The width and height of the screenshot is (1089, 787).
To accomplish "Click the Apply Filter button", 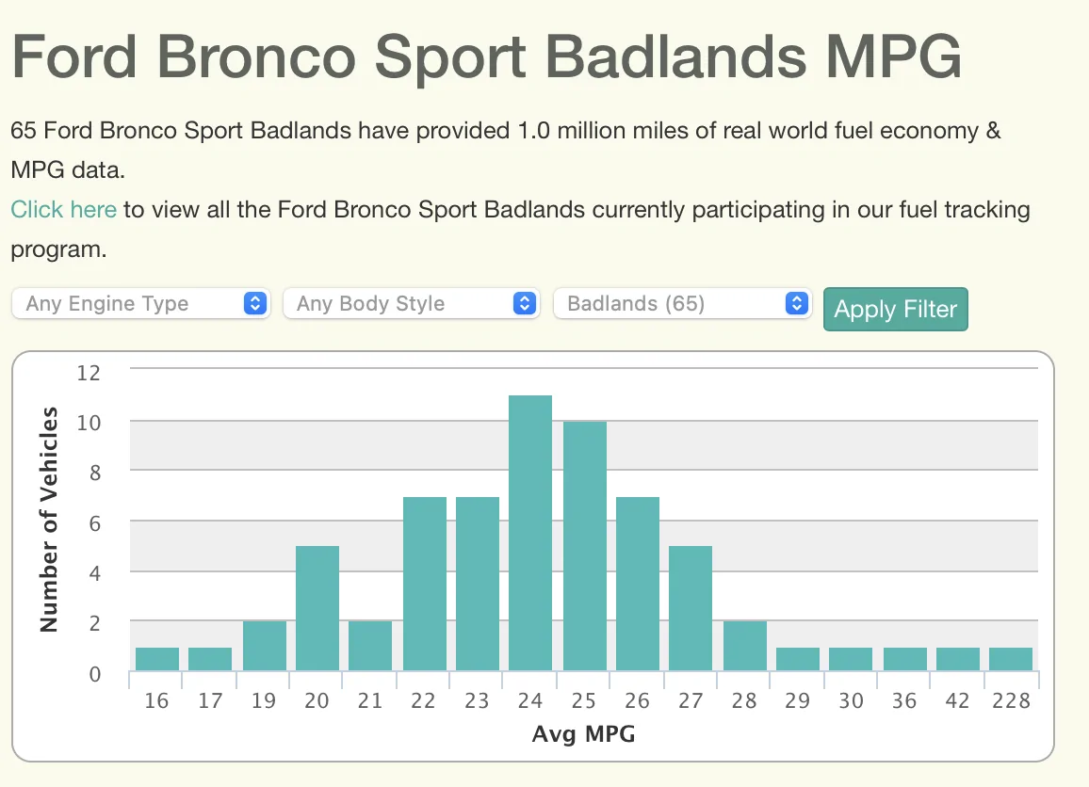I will point(895,310).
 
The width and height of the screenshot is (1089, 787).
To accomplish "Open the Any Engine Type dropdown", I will point(141,303).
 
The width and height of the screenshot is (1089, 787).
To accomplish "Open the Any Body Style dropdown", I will point(412,303).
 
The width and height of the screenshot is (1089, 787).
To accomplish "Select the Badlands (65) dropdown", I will point(682,303).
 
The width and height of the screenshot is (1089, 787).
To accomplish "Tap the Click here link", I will point(64,209).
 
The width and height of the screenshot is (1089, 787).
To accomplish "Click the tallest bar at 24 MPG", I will point(530,533).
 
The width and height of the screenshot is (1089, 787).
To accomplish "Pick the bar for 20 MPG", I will point(317,608).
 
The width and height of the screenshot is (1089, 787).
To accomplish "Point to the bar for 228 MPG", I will point(1011,659).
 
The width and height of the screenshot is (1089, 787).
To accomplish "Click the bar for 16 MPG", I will point(157,659).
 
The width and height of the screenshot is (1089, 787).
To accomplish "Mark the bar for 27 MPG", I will point(691,608).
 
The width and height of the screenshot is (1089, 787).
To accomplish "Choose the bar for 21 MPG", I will point(370,646).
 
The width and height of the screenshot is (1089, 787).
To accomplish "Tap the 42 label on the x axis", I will point(956,701).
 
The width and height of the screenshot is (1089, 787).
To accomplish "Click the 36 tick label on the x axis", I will point(903,701).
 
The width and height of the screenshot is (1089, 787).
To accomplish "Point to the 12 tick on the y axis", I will point(89,372).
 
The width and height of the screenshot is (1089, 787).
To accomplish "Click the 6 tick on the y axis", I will point(95,522).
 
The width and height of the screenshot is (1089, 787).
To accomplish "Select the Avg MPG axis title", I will point(583,733).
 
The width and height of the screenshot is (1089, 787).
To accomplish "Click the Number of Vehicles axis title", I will point(49,519).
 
